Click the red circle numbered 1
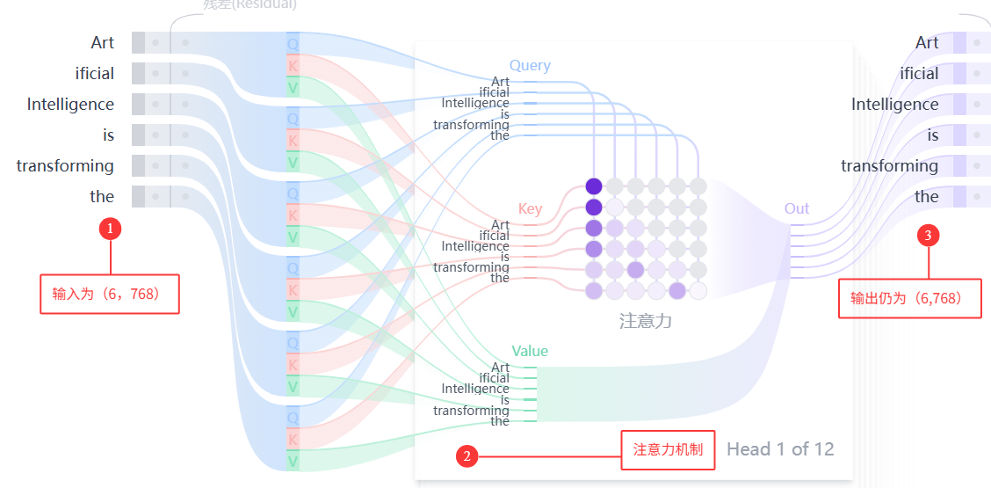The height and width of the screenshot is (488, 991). click(x=110, y=229)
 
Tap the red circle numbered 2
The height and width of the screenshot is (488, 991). click(x=467, y=455)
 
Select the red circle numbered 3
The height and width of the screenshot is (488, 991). click(x=929, y=235)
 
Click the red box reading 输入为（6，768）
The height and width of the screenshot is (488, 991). click(x=110, y=294)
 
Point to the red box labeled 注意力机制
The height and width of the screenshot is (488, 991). click(x=668, y=449)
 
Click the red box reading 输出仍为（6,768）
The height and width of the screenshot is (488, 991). click(x=909, y=298)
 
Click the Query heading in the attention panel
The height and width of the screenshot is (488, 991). click(x=530, y=65)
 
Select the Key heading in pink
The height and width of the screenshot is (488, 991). click(x=530, y=209)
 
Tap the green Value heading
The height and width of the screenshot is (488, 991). click(x=530, y=351)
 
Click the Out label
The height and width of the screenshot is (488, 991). click(x=797, y=208)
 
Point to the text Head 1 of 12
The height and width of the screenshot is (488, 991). click(x=780, y=449)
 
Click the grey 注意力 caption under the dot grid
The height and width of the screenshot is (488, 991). click(x=646, y=321)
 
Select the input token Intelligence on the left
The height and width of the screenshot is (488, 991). click(x=70, y=104)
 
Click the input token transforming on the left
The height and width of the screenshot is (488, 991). click(x=65, y=165)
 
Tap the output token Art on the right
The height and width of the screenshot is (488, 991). click(x=927, y=42)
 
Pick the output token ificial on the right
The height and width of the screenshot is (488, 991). click(x=919, y=73)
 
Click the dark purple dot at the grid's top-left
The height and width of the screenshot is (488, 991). click(x=594, y=186)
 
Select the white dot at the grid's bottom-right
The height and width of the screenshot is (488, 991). click(x=698, y=291)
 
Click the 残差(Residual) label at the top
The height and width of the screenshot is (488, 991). click(x=250, y=4)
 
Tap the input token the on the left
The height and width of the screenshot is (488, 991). click(x=102, y=196)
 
